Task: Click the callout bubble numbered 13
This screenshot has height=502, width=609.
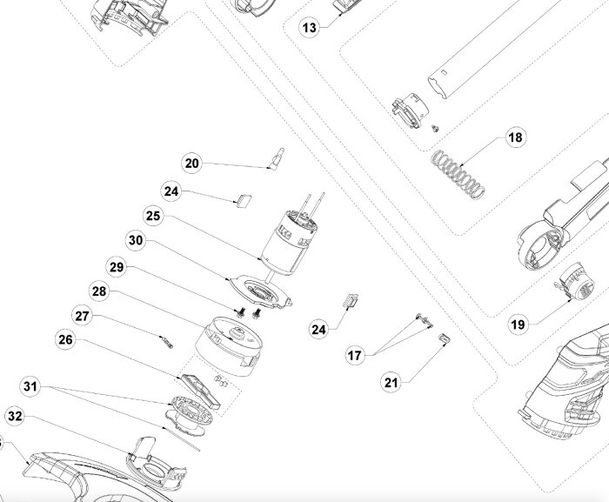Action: [309, 28]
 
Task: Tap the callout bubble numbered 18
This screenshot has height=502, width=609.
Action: [515, 137]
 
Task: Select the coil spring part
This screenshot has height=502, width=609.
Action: [458, 174]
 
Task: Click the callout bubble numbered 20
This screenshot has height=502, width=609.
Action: [191, 164]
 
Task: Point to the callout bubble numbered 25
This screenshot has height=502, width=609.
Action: [153, 216]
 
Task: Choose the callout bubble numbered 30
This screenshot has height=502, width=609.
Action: [136, 240]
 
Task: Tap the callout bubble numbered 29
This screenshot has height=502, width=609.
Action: [117, 267]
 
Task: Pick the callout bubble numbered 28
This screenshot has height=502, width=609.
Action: [99, 291]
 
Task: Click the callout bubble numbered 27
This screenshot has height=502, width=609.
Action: [82, 316]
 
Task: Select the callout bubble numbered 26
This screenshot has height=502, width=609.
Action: [65, 339]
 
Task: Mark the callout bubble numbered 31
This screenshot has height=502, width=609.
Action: [30, 386]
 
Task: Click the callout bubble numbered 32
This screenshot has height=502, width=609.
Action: [15, 416]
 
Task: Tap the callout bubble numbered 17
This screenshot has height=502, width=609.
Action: [355, 356]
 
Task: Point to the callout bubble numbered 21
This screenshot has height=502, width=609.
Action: [391, 382]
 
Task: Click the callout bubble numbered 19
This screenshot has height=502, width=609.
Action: [518, 325]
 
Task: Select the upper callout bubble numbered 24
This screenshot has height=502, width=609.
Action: [171, 191]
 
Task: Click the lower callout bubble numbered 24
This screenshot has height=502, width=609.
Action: [319, 330]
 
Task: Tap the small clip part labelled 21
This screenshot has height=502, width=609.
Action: [445, 338]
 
